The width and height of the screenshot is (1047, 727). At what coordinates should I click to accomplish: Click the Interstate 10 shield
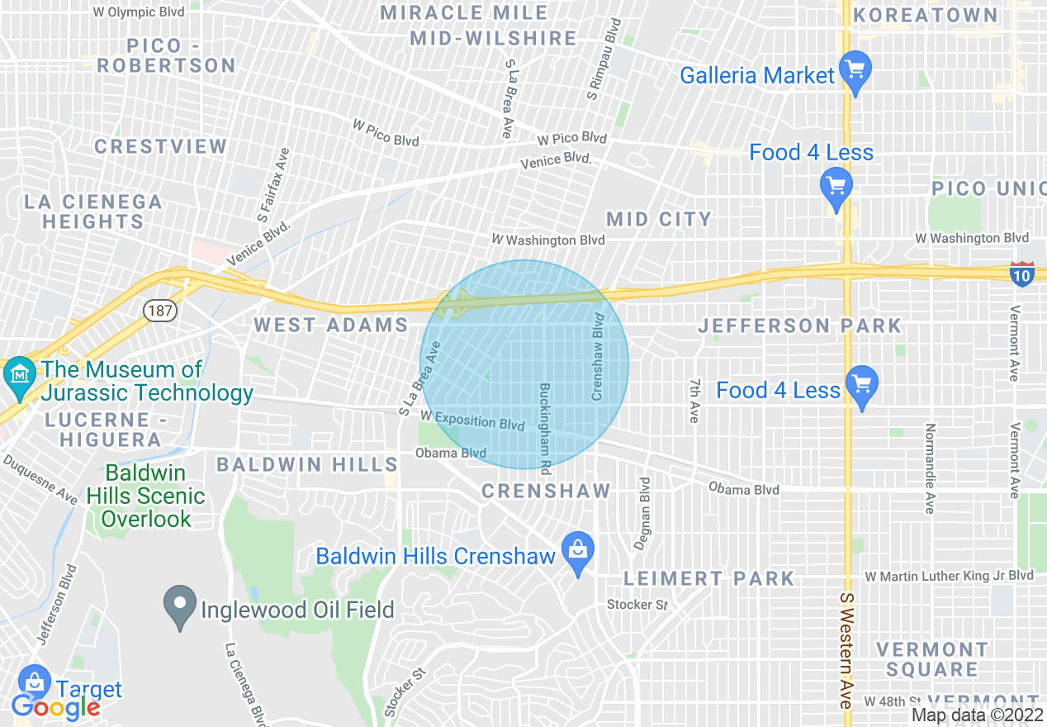point(1021,274)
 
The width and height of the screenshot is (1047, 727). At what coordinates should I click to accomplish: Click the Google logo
point(55,706)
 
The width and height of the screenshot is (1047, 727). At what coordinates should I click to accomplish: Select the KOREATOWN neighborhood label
point(925,15)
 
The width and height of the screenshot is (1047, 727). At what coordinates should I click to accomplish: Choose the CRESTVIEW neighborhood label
point(160,147)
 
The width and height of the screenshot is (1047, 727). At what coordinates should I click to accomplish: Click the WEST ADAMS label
point(330,325)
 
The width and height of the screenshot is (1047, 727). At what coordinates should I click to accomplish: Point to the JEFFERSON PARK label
point(799,325)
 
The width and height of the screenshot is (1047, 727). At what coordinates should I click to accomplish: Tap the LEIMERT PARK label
point(708,578)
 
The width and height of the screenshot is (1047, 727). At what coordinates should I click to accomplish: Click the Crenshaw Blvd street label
point(599,357)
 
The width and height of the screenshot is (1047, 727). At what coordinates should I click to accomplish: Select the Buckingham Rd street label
point(545,427)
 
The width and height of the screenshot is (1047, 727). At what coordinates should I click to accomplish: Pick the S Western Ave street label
point(846,649)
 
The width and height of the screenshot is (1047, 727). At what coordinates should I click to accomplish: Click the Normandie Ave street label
point(931,468)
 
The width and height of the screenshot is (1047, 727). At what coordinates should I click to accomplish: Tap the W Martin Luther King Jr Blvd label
point(949,576)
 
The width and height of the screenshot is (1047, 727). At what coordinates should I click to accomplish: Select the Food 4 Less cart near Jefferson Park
point(862,385)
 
